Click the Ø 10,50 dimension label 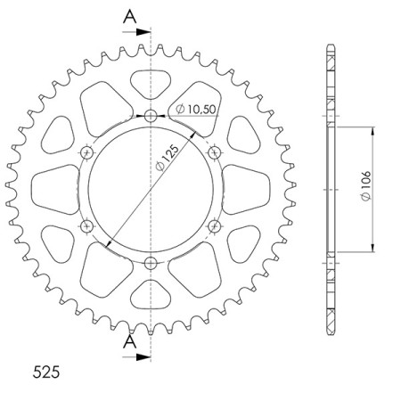coord(195,109)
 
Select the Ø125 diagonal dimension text coord(168,158)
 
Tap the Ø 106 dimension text coord(366,185)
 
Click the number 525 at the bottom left coord(46,372)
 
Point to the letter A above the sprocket coord(130,17)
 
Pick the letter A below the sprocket coord(130,342)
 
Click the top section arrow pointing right coord(136,32)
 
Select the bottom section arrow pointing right coord(136,356)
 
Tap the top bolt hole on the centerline coord(151,116)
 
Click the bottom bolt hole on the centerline coord(151,263)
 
